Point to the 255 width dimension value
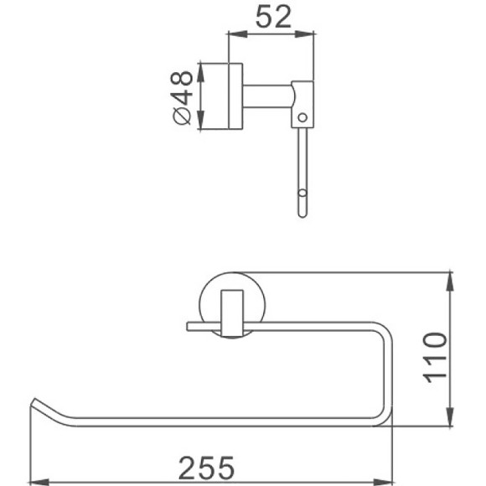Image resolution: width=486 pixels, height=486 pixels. coord(207,468)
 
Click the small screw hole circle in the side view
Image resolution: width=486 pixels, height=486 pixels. coord(303,115)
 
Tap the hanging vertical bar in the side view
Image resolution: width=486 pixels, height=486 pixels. coord(302,168)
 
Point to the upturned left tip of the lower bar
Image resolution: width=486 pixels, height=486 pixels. coord(35,404)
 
